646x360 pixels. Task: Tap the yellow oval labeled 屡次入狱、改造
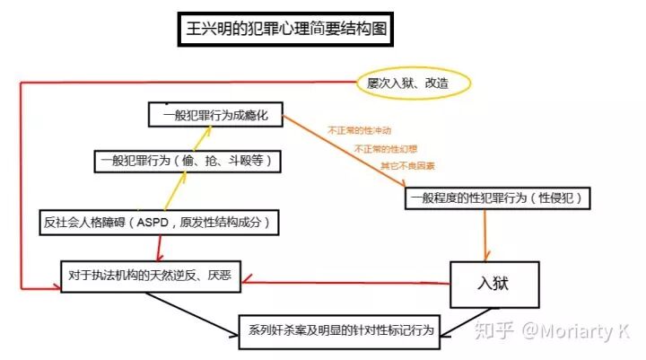[414, 83]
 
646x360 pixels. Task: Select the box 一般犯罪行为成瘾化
[215, 115]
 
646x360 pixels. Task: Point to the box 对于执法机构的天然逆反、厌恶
[146, 274]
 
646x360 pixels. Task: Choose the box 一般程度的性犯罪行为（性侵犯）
[500, 198]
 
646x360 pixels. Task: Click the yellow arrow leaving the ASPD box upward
[168, 191]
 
